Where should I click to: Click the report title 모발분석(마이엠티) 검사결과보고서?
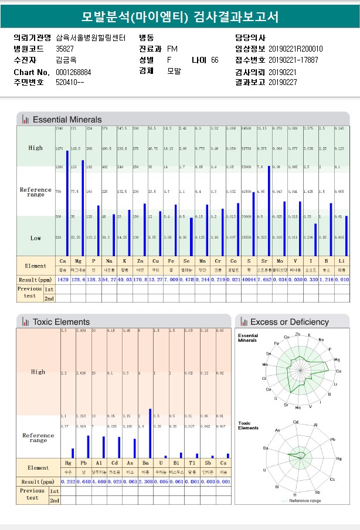coord(180,16)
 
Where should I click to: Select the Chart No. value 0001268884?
coord(73,72)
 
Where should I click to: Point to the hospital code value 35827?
coord(64,49)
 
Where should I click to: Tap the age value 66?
coord(215,60)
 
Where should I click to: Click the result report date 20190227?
coord(283,83)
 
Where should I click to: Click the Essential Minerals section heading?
coord(66,120)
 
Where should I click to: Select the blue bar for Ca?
coord(67,203)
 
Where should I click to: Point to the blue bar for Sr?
coord(269,210)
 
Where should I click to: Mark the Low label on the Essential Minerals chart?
coord(35,238)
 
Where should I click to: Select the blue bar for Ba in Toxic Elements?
coord(150,433)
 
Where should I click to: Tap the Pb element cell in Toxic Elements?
coord(84,463)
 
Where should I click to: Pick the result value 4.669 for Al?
coord(100,481)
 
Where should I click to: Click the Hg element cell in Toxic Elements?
coord(68,463)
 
